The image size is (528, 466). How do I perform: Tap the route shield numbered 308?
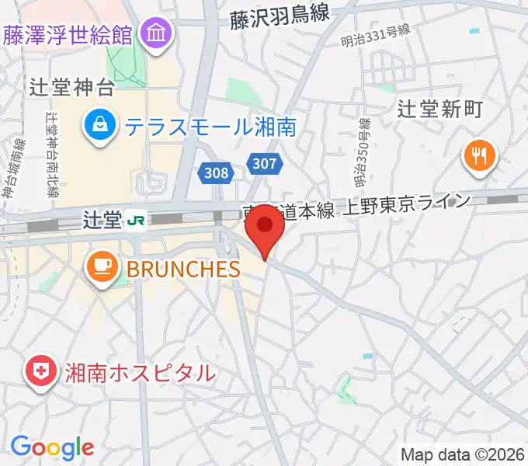pos(217,172)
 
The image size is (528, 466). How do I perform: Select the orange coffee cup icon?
pos(101,268)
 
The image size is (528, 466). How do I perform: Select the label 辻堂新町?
pos(439,108)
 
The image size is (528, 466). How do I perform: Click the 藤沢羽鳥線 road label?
pos(280,16)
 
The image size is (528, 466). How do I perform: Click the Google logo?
pos(52,447)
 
